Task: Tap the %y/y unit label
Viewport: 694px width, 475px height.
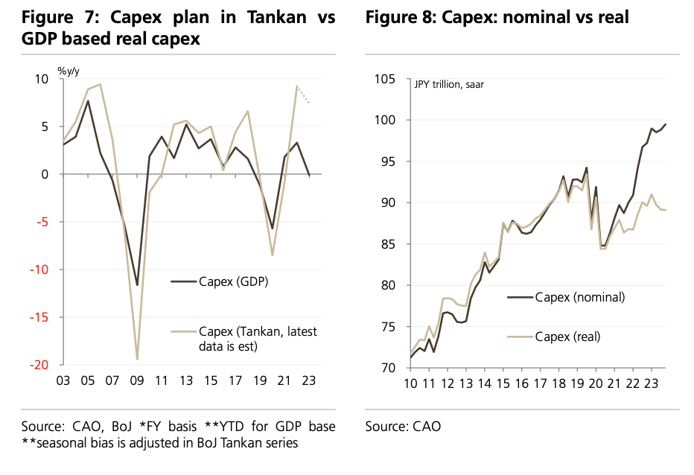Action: (69, 71)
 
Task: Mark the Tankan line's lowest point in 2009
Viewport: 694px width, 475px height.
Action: (137, 360)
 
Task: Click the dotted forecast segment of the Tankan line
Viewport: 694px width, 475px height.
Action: (303, 95)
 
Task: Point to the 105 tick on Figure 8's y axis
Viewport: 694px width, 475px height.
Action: (388, 79)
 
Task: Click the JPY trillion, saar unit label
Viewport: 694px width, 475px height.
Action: (449, 84)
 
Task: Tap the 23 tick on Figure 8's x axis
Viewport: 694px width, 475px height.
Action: (652, 383)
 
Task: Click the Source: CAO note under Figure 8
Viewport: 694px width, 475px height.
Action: (403, 427)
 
